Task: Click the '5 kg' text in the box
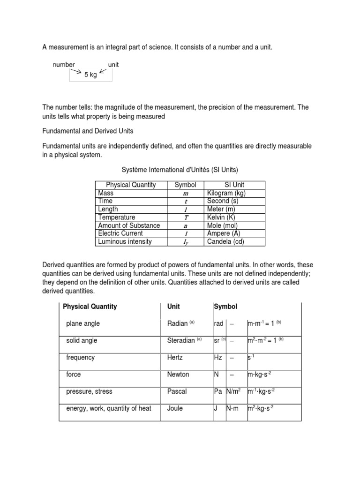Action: coord(90,75)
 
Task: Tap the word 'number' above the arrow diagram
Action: coord(64,65)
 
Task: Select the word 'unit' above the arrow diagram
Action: coord(113,65)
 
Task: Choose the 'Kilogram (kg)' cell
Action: coord(226,193)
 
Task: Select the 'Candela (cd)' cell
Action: coord(225,242)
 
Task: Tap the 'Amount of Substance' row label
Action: coord(129,225)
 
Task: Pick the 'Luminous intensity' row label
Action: coord(125,242)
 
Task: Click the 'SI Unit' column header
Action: coord(235,185)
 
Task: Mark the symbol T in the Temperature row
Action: coord(185,217)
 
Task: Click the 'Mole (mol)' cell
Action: coord(223,225)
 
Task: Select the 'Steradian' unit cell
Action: coord(181,341)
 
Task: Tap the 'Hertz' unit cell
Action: coord(177,358)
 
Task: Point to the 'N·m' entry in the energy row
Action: coord(232,408)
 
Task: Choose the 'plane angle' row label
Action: coord(83,323)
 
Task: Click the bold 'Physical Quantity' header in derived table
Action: coord(90,307)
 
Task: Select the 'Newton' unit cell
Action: coord(178,375)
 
